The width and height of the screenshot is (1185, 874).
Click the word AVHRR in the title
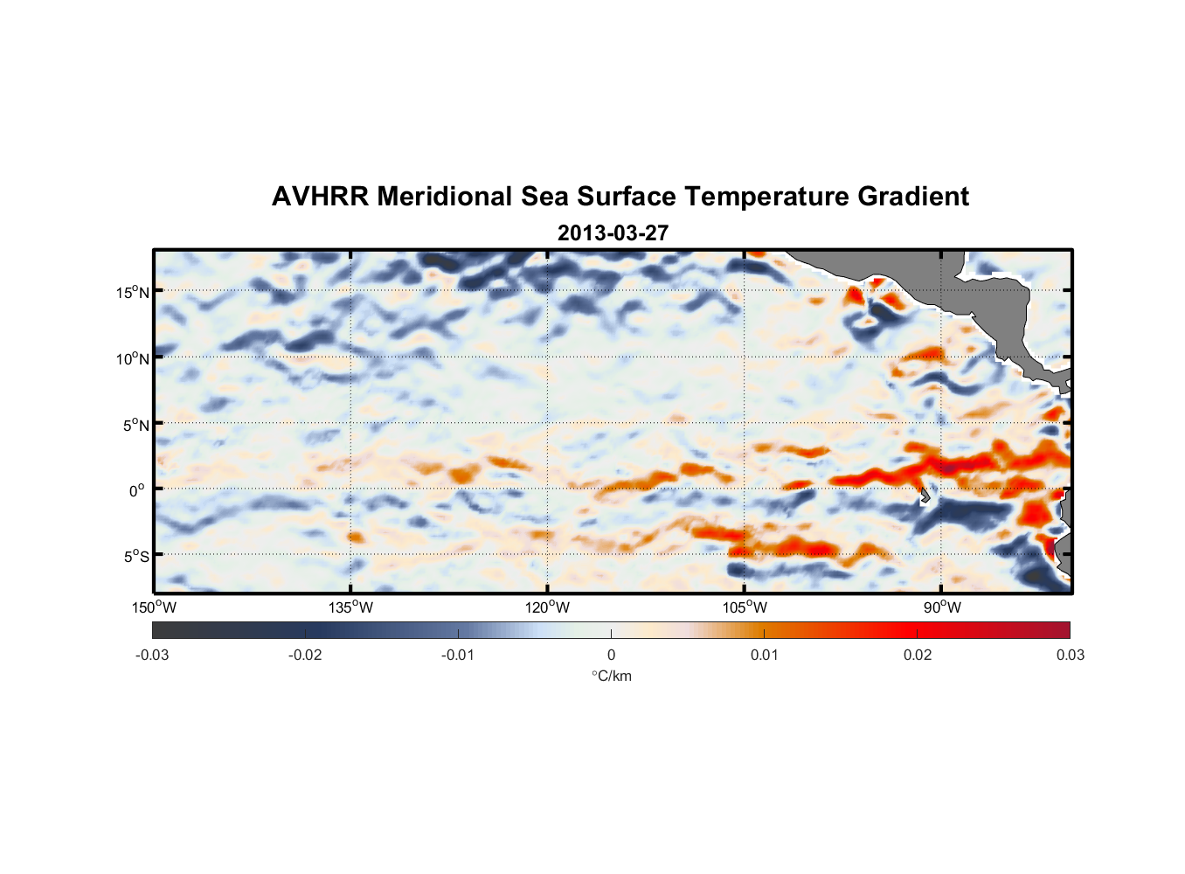pyautogui.click(x=320, y=197)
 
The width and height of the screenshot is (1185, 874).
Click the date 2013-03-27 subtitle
pyautogui.click(x=613, y=233)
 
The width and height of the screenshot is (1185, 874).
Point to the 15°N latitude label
pyautogui.click(x=133, y=292)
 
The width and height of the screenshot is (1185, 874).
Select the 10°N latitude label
pyautogui.click(x=133, y=358)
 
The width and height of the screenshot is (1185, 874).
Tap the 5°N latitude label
pyautogui.click(x=135, y=425)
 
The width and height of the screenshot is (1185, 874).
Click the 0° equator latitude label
pyautogui.click(x=137, y=490)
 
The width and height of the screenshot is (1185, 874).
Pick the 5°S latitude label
pyautogui.click(x=135, y=556)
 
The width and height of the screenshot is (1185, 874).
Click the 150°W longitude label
pyautogui.click(x=154, y=607)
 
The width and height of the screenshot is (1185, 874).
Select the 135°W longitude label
pyautogui.click(x=350, y=607)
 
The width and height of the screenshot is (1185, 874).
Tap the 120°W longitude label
pyautogui.click(x=547, y=607)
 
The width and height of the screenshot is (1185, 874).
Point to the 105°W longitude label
pyautogui.click(x=745, y=607)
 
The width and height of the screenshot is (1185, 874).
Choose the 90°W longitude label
pyautogui.click(x=941, y=607)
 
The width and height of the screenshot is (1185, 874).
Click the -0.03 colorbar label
pyautogui.click(x=152, y=655)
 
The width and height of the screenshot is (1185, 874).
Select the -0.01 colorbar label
pyautogui.click(x=458, y=655)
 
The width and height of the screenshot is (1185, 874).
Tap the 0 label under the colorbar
pyautogui.click(x=611, y=655)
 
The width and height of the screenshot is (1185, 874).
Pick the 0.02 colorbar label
pyautogui.click(x=918, y=655)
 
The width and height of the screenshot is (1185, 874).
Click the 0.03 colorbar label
pyautogui.click(x=1070, y=655)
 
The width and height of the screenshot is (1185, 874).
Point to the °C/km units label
pyautogui.click(x=611, y=676)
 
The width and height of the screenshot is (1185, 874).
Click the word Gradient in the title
pyautogui.click(x=913, y=197)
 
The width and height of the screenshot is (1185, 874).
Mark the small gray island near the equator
pyautogui.click(x=925, y=496)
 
